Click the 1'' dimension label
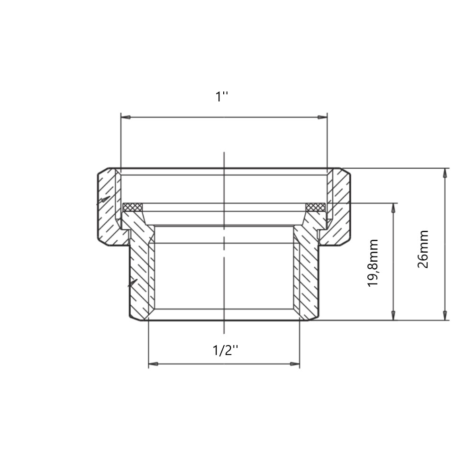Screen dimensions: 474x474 click(x=221, y=97)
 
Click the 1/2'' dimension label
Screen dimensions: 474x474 click(x=225, y=350)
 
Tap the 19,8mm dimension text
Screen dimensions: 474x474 click(x=373, y=263)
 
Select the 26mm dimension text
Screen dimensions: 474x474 click(x=423, y=249)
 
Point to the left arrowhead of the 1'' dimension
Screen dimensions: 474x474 click(x=126, y=117)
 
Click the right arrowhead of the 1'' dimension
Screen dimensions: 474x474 click(x=322, y=117)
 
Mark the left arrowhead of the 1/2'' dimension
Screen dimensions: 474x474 click(x=153, y=364)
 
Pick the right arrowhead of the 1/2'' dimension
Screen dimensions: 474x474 click(x=295, y=364)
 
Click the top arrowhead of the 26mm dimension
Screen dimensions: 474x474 click(x=445, y=173)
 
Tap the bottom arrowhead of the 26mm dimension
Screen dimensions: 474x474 click(x=445, y=315)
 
